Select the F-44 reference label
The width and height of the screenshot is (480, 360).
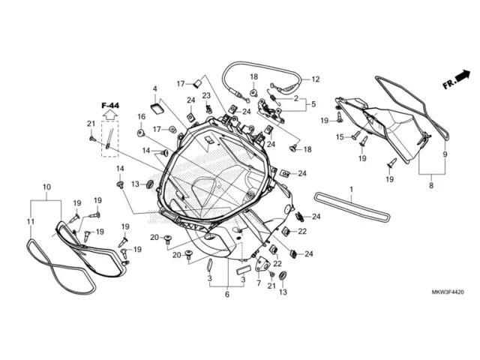(x=110, y=106)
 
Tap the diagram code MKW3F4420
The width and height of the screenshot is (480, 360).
(x=448, y=292)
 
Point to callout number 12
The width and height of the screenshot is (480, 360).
(x=316, y=79)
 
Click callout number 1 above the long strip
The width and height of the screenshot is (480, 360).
(x=352, y=190)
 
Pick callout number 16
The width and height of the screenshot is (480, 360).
(x=141, y=117)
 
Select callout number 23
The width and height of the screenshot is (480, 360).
(x=206, y=95)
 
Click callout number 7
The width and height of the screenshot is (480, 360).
(x=259, y=283)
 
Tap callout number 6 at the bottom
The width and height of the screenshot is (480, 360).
(x=226, y=295)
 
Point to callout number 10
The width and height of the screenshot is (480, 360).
(x=46, y=187)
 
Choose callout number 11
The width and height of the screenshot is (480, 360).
(x=30, y=221)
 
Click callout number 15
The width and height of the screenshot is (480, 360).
(x=340, y=137)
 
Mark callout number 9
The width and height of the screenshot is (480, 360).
(x=445, y=154)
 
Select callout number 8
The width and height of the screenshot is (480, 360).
(x=431, y=185)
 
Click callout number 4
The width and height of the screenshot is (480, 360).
(x=155, y=88)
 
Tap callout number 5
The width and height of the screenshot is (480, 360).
(x=313, y=104)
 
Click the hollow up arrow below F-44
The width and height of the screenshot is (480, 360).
(x=110, y=115)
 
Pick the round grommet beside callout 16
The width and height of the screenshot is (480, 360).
(x=141, y=133)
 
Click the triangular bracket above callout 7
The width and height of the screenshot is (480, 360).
(x=262, y=264)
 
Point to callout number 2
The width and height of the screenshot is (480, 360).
(x=295, y=98)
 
